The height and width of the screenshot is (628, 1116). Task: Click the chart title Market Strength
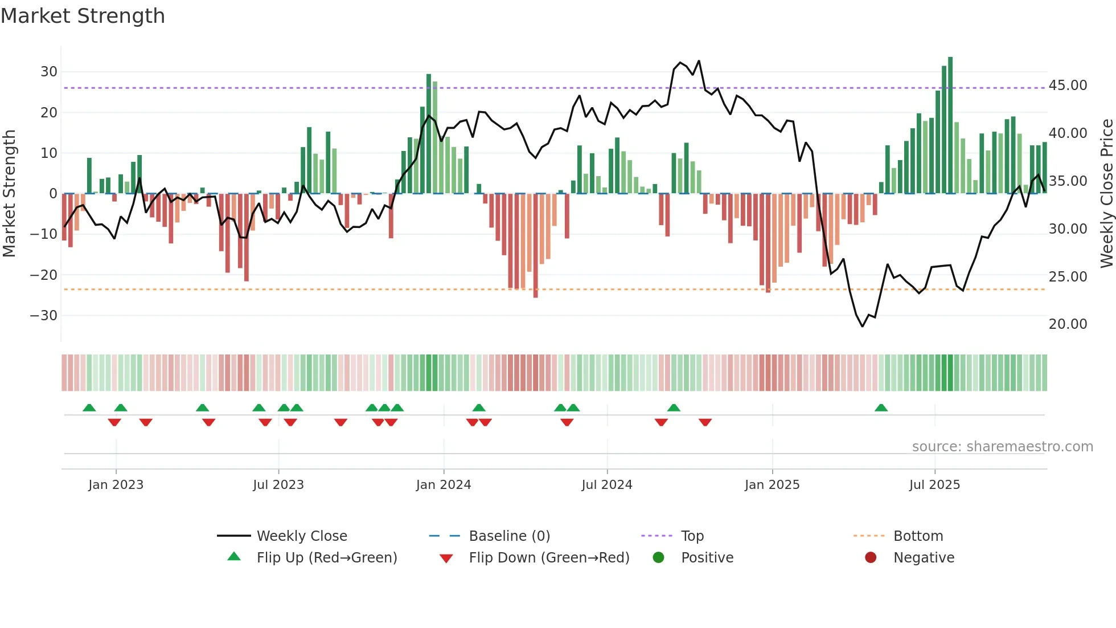(83, 16)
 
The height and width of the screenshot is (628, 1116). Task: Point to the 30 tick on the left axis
(49, 72)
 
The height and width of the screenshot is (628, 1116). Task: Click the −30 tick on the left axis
(44, 316)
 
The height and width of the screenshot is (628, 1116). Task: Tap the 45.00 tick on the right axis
(1068, 85)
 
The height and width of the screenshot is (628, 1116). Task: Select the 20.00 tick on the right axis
(1068, 324)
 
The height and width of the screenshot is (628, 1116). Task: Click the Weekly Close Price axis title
(1106, 194)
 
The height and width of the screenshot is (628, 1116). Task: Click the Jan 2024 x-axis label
(444, 485)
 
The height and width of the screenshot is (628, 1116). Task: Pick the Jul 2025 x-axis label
(934, 485)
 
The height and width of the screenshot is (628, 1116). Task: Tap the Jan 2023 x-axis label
(116, 485)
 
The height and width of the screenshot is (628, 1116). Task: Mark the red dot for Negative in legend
(871, 558)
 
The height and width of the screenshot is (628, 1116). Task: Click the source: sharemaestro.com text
(1002, 447)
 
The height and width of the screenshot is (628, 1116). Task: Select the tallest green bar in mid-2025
(950, 125)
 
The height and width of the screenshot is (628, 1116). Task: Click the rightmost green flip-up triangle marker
(881, 408)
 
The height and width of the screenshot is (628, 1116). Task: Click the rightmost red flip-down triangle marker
(705, 422)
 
